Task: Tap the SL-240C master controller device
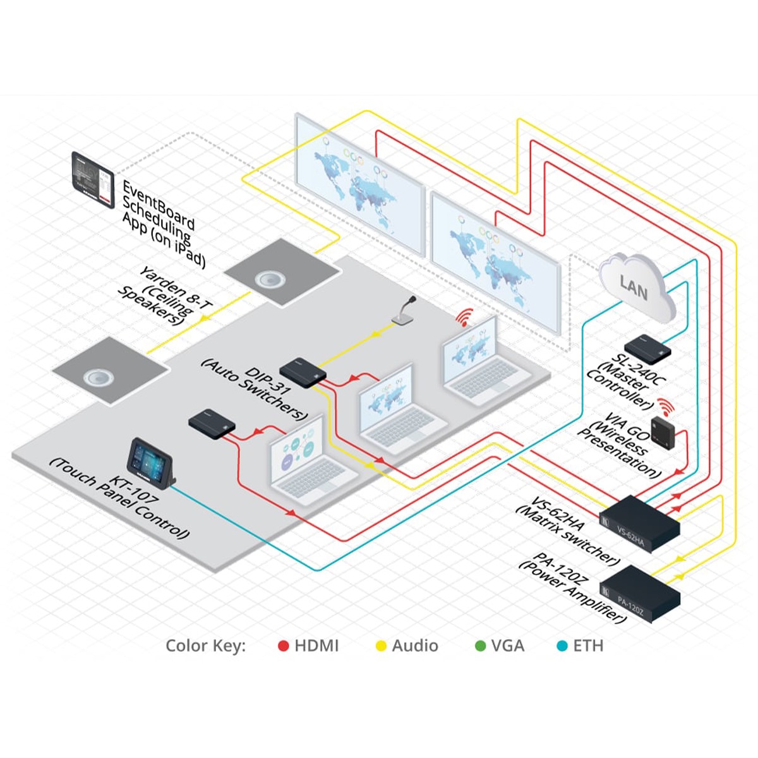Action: (647, 347)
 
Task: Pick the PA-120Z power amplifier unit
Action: (639, 593)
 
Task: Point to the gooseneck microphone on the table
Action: (404, 312)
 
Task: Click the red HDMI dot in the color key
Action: (284, 646)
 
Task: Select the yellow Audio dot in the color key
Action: (381, 646)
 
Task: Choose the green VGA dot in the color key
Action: (480, 646)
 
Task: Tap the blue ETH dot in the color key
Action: (562, 646)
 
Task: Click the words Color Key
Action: (205, 646)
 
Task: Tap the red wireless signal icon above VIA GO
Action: (663, 404)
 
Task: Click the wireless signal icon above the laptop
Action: (466, 318)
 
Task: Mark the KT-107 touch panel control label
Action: (120, 499)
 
